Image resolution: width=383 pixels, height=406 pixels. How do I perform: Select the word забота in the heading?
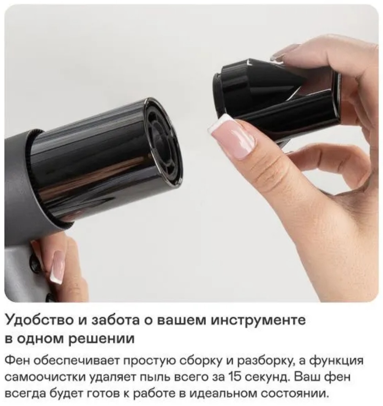point(120,321)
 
